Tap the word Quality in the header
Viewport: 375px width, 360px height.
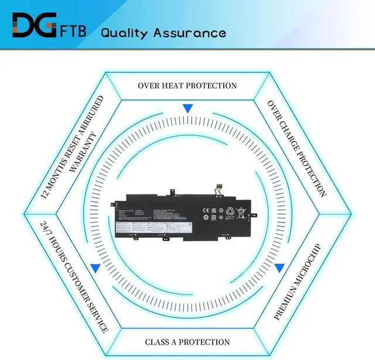point(124,32)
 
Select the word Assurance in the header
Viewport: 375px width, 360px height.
point(189,32)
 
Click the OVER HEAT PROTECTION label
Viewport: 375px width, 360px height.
point(187,85)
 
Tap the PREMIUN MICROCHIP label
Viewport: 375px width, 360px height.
point(298,281)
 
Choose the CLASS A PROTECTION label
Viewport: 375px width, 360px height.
point(187,342)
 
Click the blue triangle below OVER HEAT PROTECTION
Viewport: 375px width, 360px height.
point(187,109)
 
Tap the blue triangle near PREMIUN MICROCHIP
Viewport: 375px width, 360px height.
point(279,268)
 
